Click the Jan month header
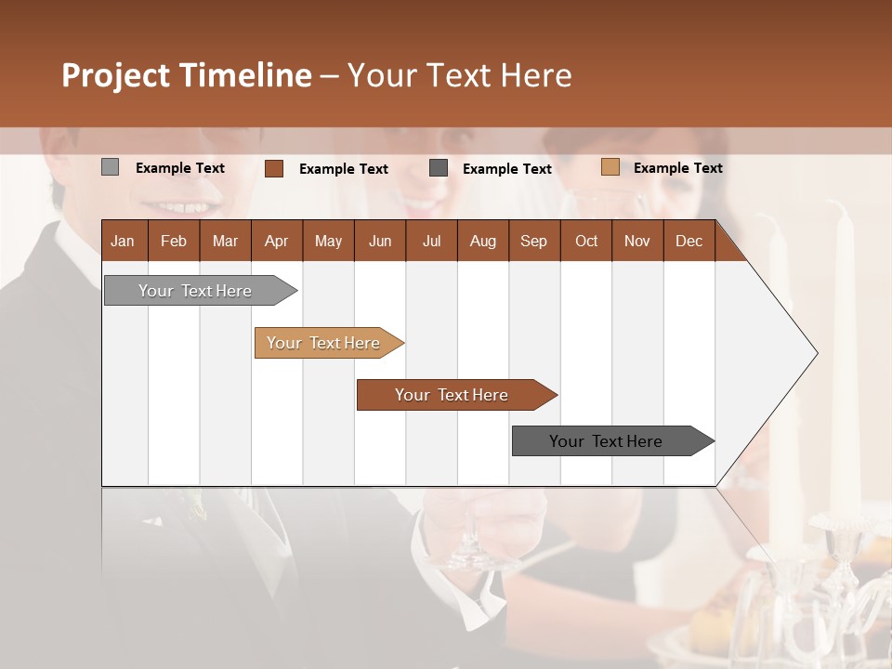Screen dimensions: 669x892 [123, 241]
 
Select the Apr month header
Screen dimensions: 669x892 [276, 241]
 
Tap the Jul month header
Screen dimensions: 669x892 [431, 241]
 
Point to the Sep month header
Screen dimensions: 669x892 [533, 241]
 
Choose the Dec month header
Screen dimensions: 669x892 [689, 241]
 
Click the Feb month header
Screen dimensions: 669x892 [174, 241]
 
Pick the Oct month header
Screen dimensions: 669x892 [586, 241]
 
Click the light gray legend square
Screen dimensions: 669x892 [110, 167]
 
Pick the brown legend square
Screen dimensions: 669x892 [274, 168]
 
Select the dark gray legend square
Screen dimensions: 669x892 [439, 168]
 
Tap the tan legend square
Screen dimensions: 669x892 [610, 167]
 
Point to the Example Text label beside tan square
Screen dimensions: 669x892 [677, 167]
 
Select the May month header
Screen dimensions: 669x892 [328, 241]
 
